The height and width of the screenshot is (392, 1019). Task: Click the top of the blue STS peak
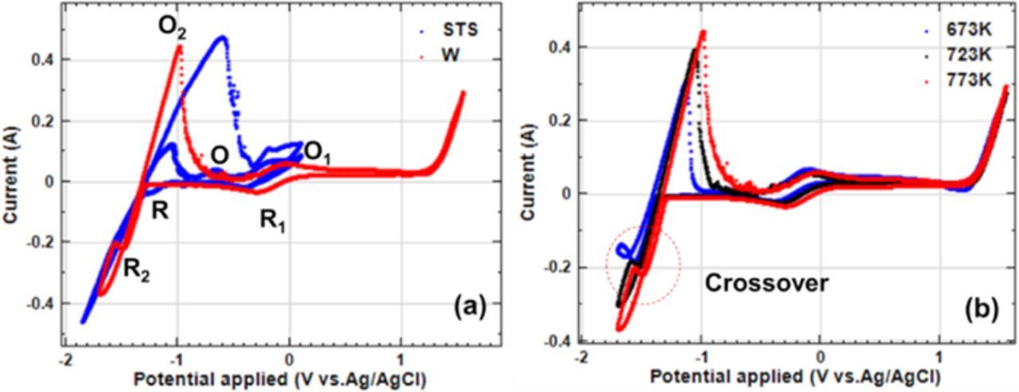(222, 37)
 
